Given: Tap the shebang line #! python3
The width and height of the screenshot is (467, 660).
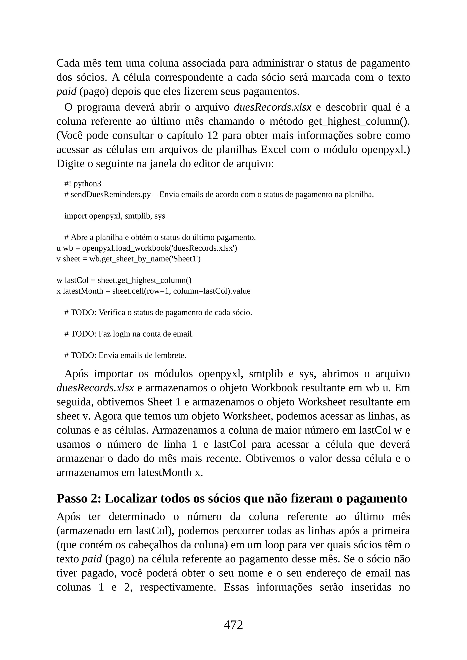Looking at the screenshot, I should [x=83, y=184].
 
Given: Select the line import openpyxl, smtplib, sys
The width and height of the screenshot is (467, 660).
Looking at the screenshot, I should [x=115, y=216].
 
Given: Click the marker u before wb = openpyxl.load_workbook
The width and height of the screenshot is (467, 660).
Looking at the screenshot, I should [x=58, y=248].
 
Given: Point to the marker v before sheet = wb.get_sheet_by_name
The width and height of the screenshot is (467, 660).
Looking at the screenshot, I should [x=58, y=259].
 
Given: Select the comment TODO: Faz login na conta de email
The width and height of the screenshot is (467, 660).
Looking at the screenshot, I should [x=129, y=334].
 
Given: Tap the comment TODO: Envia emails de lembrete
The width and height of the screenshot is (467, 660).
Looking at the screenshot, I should [x=125, y=356].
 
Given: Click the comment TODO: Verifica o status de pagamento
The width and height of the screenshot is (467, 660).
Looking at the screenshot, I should [x=158, y=312].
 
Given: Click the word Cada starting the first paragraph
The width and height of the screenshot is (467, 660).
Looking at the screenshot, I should [x=68, y=63].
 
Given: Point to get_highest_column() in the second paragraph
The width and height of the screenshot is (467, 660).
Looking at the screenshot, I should [x=359, y=122].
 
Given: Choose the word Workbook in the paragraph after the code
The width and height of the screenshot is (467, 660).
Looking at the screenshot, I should [x=275, y=388].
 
